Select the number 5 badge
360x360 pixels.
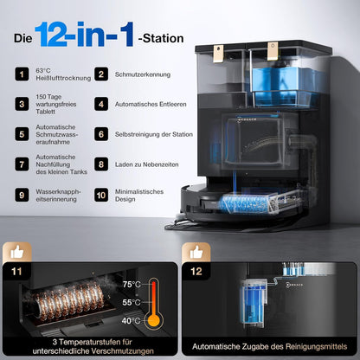click(x=19, y=134)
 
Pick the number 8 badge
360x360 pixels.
click(x=101, y=163)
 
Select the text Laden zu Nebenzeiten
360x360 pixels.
click(x=143, y=163)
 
